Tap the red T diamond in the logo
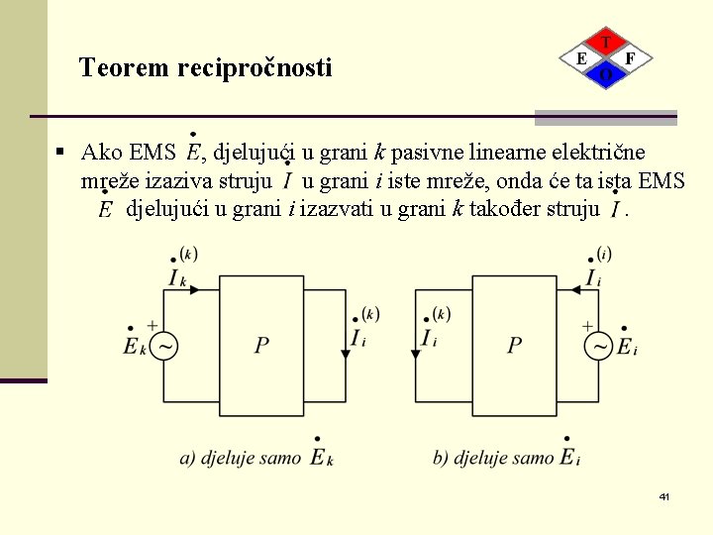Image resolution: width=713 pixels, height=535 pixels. coord(606,43)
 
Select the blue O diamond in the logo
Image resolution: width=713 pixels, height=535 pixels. coord(606,74)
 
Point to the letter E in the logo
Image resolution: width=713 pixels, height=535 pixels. coord(581,58)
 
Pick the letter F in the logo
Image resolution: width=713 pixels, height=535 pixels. coord(631,58)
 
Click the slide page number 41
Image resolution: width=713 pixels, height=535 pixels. coord(663,495)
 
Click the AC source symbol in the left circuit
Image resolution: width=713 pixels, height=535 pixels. coord(163,346)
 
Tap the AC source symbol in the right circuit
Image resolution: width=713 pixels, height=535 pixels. coord(598,346)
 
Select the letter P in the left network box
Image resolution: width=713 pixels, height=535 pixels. coord(261,345)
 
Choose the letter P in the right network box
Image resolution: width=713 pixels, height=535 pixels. coord(515,345)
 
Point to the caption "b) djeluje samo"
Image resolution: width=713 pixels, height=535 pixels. coord(493,458)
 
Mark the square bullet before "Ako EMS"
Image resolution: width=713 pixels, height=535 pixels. coord(60,153)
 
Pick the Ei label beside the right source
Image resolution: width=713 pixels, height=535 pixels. coord(627,346)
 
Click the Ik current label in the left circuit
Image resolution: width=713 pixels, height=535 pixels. coord(177,276)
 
